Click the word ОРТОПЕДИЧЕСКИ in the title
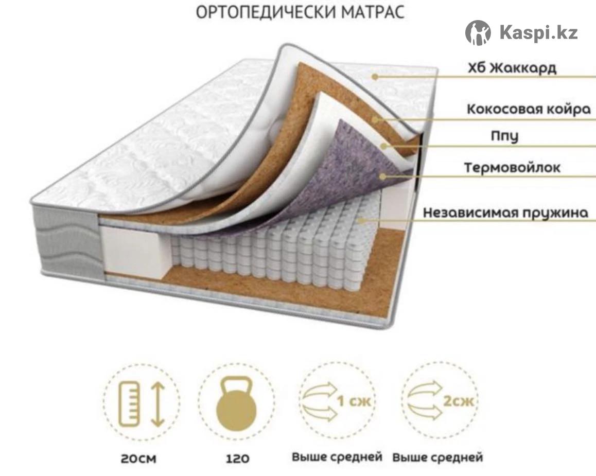266,12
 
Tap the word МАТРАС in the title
373,12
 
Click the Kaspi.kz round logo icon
478,32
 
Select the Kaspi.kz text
538,32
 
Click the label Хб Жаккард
512,68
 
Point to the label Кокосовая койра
529,110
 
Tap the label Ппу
505,136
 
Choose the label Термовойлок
512,168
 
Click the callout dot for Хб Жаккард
375,77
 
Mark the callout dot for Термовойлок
383,177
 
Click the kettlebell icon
236,403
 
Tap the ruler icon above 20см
129,403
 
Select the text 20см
138,459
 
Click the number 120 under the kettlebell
238,459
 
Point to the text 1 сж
354,401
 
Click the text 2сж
459,401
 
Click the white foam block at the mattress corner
133,250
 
